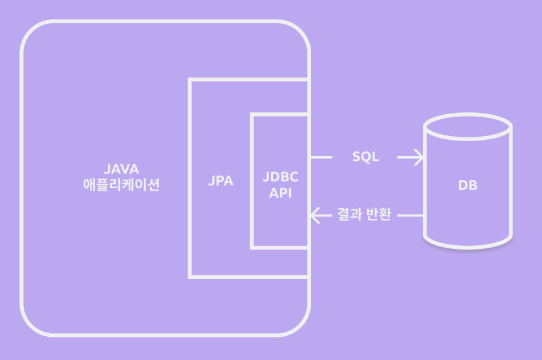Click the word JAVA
click(122, 169)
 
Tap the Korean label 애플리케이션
click(122, 185)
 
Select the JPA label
click(220, 181)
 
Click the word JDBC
click(280, 177)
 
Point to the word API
click(280, 193)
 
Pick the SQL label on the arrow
click(366, 157)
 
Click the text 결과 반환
click(364, 215)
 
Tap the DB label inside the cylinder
click(467, 186)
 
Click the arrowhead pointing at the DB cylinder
click(418, 157)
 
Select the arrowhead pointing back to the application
click(317, 215)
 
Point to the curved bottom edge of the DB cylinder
click(468, 245)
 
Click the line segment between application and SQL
click(321, 157)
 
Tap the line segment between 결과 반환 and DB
click(411, 215)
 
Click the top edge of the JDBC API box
click(279, 114)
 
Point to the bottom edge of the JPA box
click(248, 275)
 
